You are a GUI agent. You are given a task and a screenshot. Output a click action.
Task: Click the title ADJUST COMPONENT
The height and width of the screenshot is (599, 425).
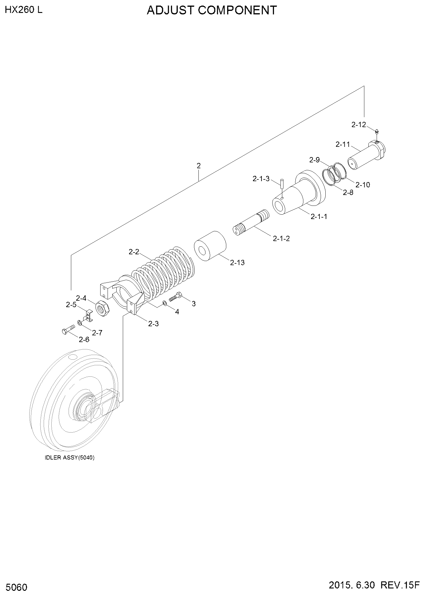[x=212, y=10]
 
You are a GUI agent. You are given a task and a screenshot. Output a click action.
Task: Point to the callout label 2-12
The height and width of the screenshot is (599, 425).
[x=359, y=125]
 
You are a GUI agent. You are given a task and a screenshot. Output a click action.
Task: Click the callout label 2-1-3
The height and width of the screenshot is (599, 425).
[x=261, y=179]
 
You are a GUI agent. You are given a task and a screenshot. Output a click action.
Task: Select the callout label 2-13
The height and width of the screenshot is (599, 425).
[x=237, y=263]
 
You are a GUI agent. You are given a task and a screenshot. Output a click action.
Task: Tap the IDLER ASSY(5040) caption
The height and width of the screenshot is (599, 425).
[x=70, y=458]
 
